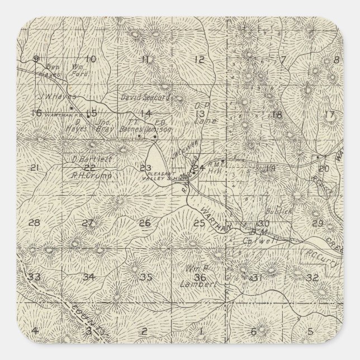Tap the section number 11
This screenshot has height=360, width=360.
(x=146, y=59)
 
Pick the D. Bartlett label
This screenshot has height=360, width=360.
(x=93, y=159)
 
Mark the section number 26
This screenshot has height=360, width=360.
(x=145, y=224)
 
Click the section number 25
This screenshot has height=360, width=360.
(x=200, y=224)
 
